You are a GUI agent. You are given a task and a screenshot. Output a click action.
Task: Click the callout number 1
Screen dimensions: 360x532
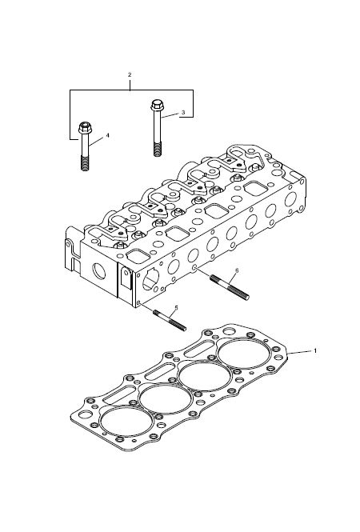point(315,350)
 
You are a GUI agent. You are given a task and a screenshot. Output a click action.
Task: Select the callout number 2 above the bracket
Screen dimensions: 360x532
point(130,74)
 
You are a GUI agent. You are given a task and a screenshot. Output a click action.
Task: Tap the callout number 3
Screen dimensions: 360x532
point(183,112)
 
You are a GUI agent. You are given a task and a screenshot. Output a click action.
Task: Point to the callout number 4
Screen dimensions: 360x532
point(107,135)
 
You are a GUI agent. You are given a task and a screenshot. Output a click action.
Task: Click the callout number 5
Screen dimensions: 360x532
point(176,307)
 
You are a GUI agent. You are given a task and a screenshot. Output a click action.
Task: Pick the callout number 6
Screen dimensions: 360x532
point(237,270)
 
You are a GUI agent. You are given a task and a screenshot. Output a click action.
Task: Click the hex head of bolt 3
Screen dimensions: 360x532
point(157,105)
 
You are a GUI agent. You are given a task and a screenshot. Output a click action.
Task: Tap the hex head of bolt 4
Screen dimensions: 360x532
point(85,127)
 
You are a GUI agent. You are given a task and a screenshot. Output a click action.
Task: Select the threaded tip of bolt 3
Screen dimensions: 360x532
point(157,150)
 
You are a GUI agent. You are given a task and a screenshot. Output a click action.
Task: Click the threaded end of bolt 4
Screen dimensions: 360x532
point(85,163)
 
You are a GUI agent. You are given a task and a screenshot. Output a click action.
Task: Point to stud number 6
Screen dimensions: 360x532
point(230,287)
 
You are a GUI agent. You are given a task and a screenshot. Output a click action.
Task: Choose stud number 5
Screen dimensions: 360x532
point(170,321)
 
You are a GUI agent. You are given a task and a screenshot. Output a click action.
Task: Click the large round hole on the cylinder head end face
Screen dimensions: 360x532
point(100,271)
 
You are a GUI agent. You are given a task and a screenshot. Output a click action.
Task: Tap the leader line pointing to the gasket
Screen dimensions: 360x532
point(300,352)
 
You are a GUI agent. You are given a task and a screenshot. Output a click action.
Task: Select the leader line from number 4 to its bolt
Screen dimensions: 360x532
point(97,142)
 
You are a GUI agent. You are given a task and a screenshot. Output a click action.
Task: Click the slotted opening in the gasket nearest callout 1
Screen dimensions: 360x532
point(199,349)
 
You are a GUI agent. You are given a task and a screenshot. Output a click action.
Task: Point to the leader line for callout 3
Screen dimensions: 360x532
point(170,115)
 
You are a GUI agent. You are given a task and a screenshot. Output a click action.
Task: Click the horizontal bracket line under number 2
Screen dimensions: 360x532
point(132,90)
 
